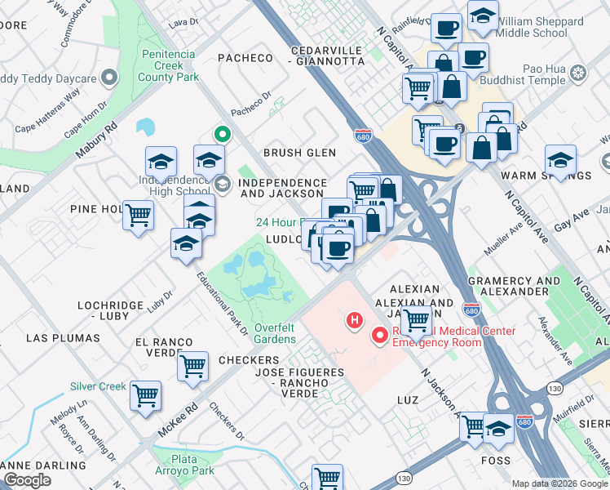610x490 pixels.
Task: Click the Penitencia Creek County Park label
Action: [x=169, y=66]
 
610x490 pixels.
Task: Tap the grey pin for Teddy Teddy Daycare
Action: [x=108, y=79]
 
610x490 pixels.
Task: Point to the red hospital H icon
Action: [x=354, y=319]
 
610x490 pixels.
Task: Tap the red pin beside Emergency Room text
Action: [x=379, y=335]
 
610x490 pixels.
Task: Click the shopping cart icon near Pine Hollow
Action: [x=138, y=216]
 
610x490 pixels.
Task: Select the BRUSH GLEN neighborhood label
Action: [x=299, y=153]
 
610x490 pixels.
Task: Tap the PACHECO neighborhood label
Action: [x=245, y=57]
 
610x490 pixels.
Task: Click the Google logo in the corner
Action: [x=27, y=479]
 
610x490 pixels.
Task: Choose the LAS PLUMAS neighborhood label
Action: [x=63, y=337]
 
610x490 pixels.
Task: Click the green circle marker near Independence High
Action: [x=220, y=134]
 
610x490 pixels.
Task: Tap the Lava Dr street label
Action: [x=178, y=25]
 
